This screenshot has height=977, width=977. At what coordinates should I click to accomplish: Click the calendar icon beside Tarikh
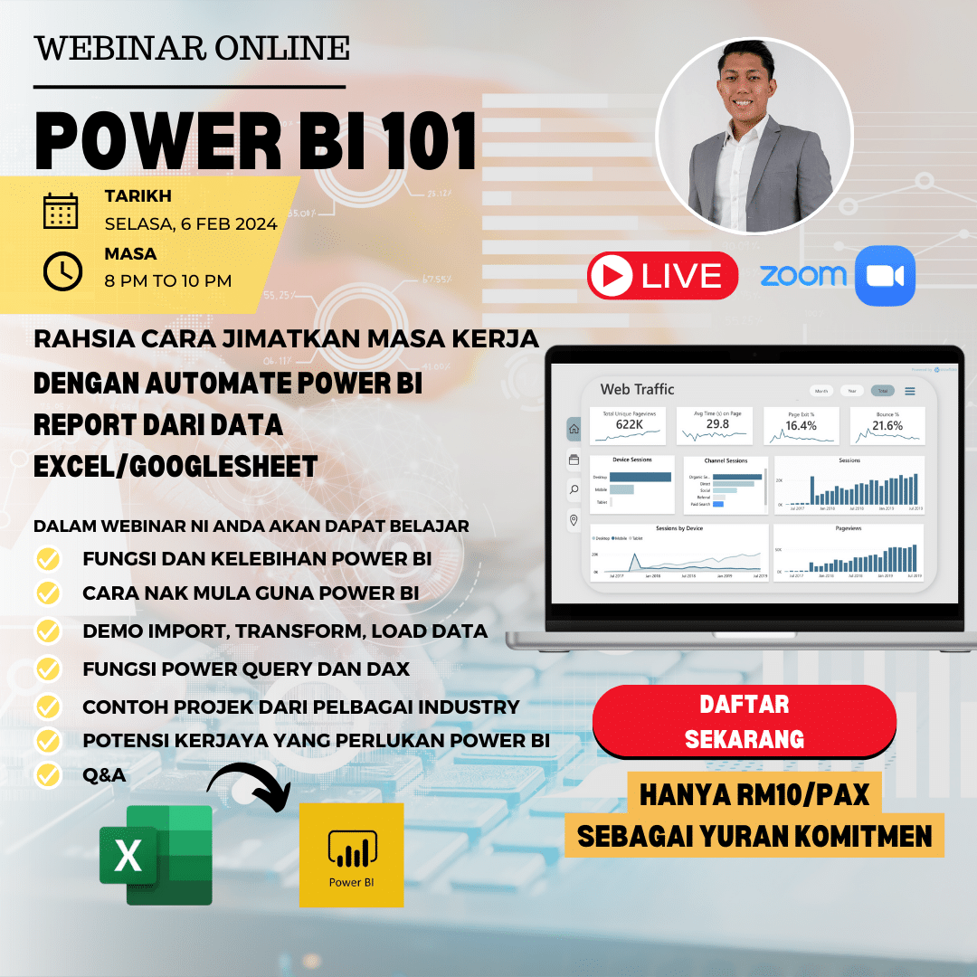62,210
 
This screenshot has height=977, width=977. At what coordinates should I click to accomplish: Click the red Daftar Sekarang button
744,721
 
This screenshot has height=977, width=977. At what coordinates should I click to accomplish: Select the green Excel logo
157,855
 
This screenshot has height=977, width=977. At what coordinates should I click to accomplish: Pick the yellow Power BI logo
351,854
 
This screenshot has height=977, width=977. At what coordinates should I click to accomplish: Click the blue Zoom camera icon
885,276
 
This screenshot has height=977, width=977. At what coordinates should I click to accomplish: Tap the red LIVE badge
663,276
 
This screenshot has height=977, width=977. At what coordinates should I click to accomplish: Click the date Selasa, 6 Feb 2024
191,224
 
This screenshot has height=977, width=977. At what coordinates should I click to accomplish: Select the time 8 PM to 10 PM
168,281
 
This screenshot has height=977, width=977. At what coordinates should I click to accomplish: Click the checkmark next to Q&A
48,775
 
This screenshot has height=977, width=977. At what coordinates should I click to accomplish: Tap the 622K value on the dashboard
628,425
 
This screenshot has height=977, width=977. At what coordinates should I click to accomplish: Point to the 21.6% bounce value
887,426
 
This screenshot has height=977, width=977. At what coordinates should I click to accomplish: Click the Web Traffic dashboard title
637,389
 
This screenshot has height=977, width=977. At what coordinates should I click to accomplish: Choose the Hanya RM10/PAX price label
754,794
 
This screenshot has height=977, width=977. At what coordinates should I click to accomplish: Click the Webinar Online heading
192,48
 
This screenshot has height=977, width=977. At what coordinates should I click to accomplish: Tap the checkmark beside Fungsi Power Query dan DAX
48,669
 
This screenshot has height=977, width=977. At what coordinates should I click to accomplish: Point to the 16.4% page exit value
801,426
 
